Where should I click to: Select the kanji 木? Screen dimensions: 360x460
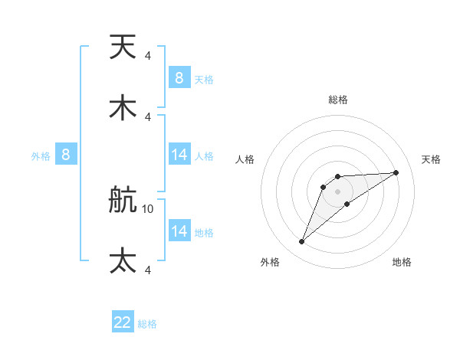coord(123,107)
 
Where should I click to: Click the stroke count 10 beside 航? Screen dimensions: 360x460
coord(148,208)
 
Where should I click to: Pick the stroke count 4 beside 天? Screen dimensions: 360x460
coord(147,55)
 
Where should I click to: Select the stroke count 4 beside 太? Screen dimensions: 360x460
coord(147,270)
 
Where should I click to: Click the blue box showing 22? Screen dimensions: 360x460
coord(123,322)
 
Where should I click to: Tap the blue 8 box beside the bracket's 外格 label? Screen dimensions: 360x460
coord(66,155)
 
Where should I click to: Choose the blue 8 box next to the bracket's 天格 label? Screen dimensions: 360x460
coord(179,78)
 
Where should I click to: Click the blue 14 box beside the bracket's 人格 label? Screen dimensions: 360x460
coord(179,155)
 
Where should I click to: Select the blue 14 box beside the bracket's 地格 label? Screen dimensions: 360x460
coord(179,231)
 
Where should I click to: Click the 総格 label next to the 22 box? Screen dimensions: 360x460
coord(147,324)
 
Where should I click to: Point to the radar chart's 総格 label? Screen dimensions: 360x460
coord(337,100)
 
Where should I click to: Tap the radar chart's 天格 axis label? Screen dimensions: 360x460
coord(431,159)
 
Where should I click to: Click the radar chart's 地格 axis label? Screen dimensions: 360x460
coord(402,262)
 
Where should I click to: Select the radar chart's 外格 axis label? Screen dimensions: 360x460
coord(270,262)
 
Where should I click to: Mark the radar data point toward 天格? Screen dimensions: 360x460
coord(396,172)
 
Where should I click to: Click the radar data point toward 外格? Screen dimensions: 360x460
coord(301,242)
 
